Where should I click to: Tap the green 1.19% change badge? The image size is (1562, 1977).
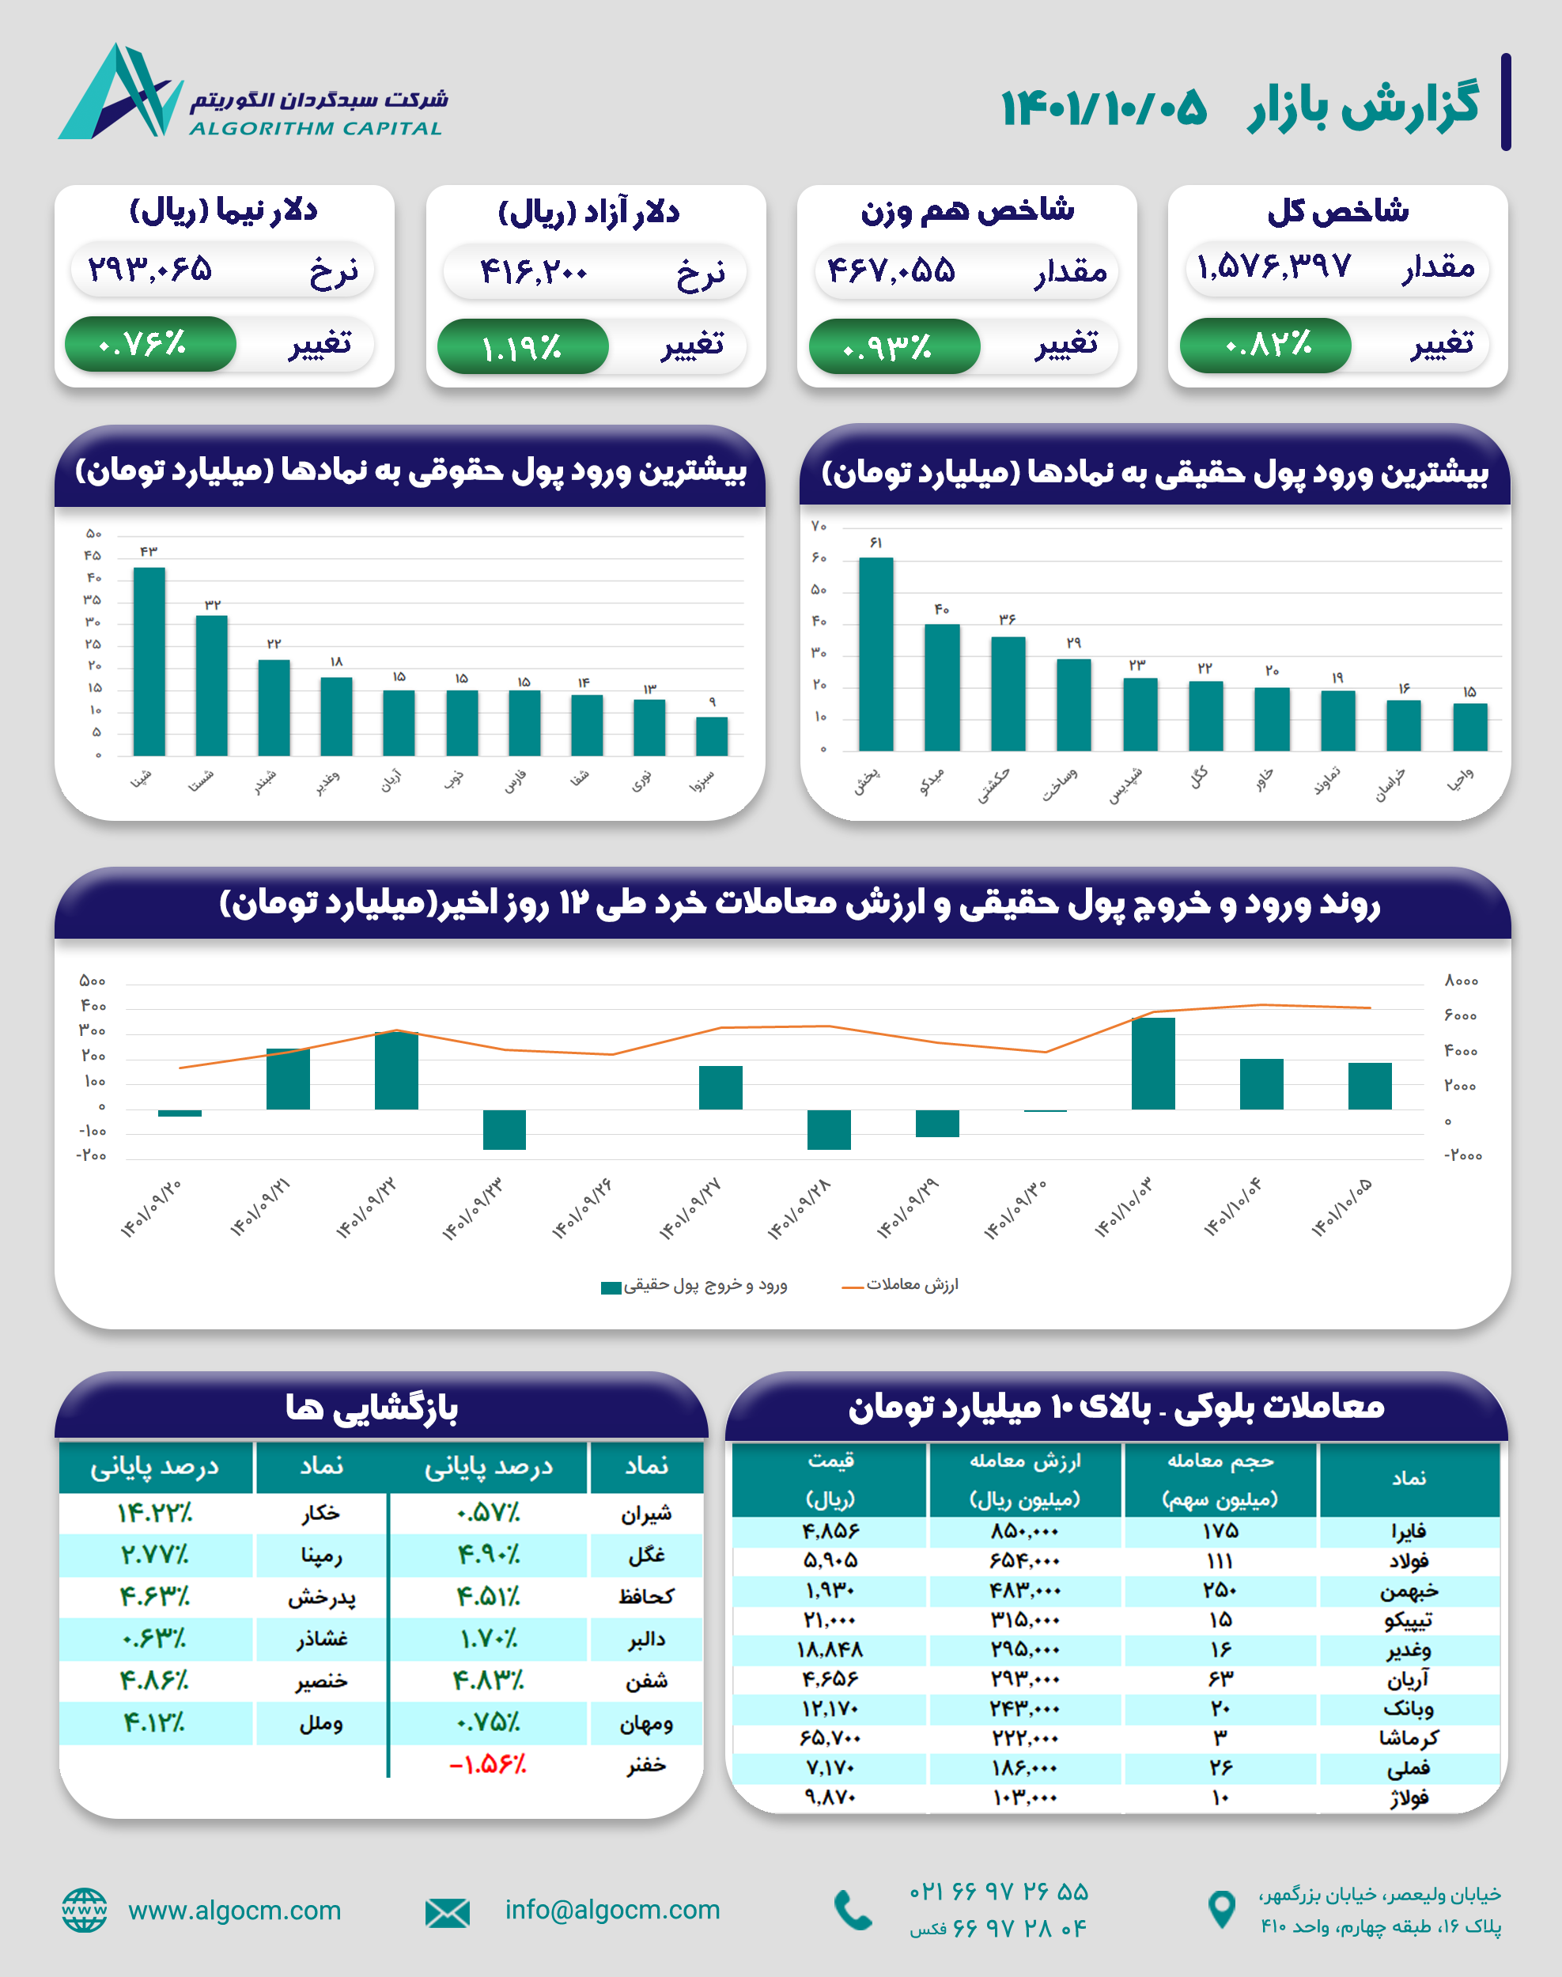click(x=522, y=346)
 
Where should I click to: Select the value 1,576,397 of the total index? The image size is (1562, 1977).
click(x=1273, y=267)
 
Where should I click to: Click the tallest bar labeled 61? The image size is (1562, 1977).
click(x=876, y=653)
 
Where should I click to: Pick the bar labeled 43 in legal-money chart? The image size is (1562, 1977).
click(x=149, y=660)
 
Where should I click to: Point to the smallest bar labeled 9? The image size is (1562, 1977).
click(x=712, y=736)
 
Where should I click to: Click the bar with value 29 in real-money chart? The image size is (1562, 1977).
click(x=1074, y=704)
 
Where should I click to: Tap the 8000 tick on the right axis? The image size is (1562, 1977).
click(x=1462, y=981)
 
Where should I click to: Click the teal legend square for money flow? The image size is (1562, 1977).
click(x=611, y=1287)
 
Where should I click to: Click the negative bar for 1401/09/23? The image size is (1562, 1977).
click(x=504, y=1129)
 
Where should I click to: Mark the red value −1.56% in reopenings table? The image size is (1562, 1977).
click(x=488, y=1765)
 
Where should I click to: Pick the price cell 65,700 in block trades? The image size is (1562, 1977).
click(x=830, y=1737)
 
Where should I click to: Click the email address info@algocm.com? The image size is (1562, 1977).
click(x=612, y=1909)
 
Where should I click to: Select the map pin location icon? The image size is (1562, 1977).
click(x=1222, y=1908)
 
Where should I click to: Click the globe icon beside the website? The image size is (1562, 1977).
click(x=84, y=1909)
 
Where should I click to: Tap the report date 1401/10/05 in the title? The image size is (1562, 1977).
click(x=1104, y=108)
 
